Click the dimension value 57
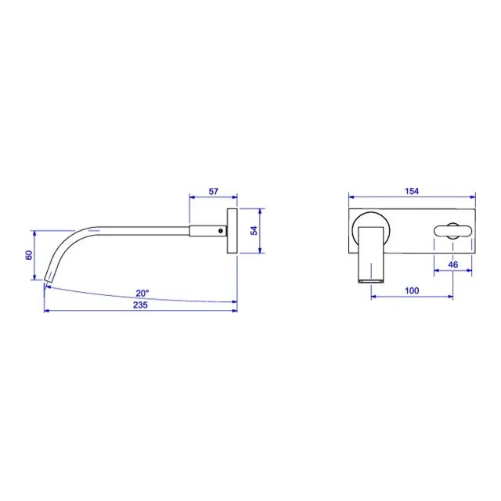(x=214, y=191)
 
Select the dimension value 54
(x=254, y=230)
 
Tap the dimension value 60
(x=29, y=255)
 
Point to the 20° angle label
(x=142, y=293)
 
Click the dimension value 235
(x=141, y=305)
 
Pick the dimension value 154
(x=412, y=191)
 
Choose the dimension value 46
(x=453, y=265)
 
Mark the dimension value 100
(x=412, y=290)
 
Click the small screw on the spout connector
(x=221, y=231)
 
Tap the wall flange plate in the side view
(x=232, y=231)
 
